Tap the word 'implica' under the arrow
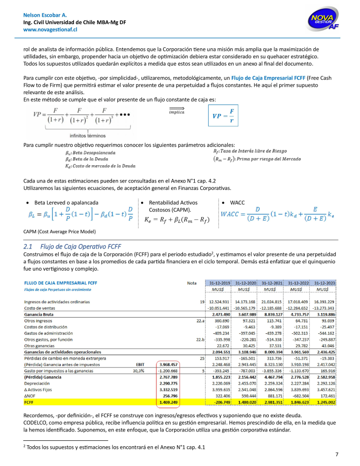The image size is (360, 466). coord(177,112)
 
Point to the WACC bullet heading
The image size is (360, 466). coord(237,203)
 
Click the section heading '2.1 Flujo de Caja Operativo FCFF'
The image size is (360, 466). coord(72,246)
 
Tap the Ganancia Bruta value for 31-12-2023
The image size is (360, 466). coord(324,314)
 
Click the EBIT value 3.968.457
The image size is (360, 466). coord(166,364)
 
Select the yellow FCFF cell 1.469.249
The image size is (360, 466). coord(166,402)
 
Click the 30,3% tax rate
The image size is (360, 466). coord(139,371)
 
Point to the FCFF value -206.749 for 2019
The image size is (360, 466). coord(220,402)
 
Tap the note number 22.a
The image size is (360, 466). coord(199,321)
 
